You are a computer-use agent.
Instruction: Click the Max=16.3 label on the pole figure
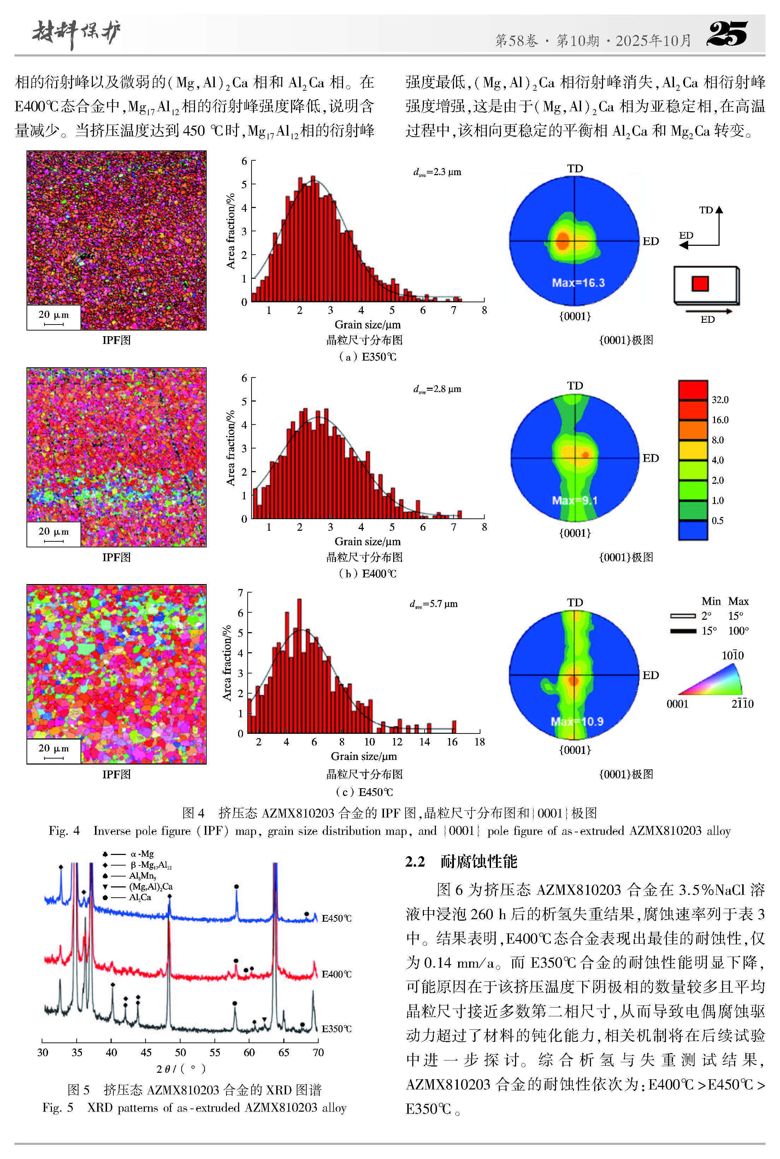(x=578, y=283)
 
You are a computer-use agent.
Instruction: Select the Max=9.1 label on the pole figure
(x=574, y=500)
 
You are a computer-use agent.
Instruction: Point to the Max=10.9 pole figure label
(x=577, y=721)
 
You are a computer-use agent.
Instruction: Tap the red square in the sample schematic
(x=700, y=284)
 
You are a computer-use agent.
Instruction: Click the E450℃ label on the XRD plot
(x=336, y=919)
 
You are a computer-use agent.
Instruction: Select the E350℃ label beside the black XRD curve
(x=336, y=1029)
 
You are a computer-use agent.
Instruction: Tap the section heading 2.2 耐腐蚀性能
(x=461, y=862)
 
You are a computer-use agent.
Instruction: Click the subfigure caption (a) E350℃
(x=367, y=357)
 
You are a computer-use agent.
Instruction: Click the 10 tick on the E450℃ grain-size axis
(x=369, y=742)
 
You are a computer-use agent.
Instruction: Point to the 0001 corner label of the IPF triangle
(x=677, y=703)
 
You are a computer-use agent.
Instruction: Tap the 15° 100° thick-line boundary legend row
(x=709, y=631)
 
